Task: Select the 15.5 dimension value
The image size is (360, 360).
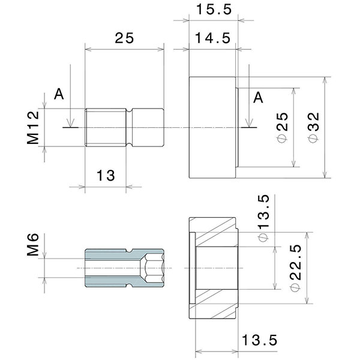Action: pyautogui.click(x=213, y=10)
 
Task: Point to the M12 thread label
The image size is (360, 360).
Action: pyautogui.click(x=33, y=128)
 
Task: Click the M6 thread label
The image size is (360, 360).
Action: pyautogui.click(x=33, y=246)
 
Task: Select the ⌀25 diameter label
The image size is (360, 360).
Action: pyautogui.click(x=282, y=127)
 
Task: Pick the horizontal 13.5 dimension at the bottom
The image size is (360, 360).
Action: pyautogui.click(x=259, y=340)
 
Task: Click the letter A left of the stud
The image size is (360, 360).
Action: pyautogui.click(x=59, y=94)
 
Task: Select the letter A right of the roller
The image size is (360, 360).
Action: pyautogui.click(x=259, y=97)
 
